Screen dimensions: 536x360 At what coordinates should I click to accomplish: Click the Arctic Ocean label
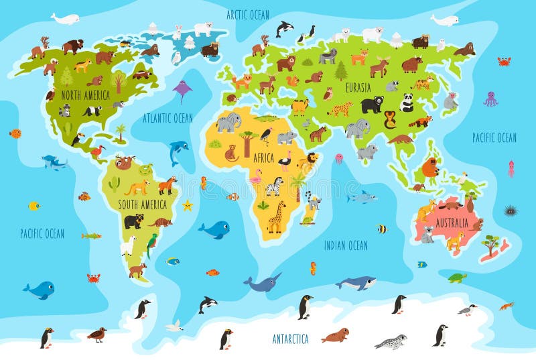(x=247, y=14)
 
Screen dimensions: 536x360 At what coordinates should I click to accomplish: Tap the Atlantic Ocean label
(x=167, y=118)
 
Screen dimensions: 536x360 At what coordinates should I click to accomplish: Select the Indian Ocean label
(x=346, y=245)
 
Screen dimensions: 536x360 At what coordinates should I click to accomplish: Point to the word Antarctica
(x=290, y=338)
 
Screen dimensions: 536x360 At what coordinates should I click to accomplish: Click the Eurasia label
(x=358, y=87)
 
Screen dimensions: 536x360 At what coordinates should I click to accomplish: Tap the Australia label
(x=451, y=222)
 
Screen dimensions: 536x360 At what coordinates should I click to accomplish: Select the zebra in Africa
(x=274, y=186)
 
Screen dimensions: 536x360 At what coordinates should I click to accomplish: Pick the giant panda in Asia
(x=407, y=103)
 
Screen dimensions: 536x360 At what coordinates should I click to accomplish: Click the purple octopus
(x=491, y=99)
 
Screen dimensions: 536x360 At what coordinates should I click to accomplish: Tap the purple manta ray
(x=182, y=89)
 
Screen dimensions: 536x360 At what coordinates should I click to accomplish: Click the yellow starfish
(x=188, y=204)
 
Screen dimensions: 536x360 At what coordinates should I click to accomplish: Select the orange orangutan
(x=430, y=168)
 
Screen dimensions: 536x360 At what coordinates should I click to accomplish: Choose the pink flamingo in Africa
(x=257, y=177)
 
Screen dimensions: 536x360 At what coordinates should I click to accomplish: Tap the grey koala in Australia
(x=427, y=234)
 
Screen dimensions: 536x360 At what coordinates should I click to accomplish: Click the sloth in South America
(x=125, y=162)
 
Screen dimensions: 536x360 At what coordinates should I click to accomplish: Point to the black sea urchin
(x=511, y=211)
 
